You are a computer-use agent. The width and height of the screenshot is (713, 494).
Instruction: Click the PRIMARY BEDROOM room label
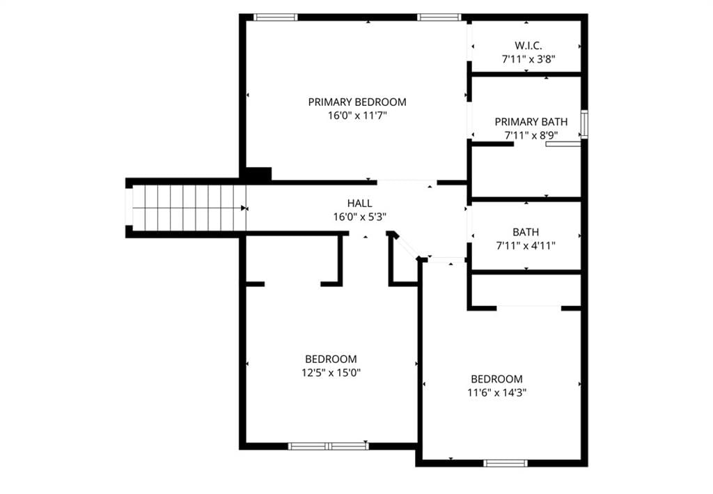[357, 102]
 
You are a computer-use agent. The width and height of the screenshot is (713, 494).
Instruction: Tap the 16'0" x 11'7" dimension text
[357, 116]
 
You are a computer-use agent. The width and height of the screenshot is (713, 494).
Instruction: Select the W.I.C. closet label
[528, 45]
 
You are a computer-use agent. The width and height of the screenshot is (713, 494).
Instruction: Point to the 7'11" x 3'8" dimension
[528, 59]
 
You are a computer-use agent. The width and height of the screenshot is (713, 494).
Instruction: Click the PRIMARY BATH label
[531, 122]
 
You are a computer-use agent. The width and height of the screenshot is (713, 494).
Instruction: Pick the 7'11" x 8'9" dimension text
[531, 136]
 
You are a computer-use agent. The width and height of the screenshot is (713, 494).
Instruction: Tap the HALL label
[360, 203]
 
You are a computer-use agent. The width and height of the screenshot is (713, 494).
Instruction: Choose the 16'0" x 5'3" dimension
[360, 217]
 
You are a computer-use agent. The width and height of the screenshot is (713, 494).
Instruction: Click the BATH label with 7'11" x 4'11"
[526, 232]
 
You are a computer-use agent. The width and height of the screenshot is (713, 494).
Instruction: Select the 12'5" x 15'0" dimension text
[331, 373]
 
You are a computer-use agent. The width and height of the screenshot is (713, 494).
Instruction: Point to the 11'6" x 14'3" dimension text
[497, 392]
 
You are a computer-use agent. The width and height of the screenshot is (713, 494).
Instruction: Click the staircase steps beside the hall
[189, 208]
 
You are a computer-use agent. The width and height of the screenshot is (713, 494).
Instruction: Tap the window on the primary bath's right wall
[584, 124]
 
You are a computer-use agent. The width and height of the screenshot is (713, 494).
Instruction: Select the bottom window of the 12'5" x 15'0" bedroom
[329, 446]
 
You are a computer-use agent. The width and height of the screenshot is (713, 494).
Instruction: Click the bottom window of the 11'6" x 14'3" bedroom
[506, 463]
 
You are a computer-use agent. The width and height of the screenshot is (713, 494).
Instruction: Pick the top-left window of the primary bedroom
[275, 17]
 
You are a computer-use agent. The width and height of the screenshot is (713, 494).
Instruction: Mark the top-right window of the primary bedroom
[439, 17]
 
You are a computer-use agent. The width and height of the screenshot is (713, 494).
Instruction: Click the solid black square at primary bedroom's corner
[258, 174]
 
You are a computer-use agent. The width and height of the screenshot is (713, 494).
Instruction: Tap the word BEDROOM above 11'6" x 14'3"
[497, 379]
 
